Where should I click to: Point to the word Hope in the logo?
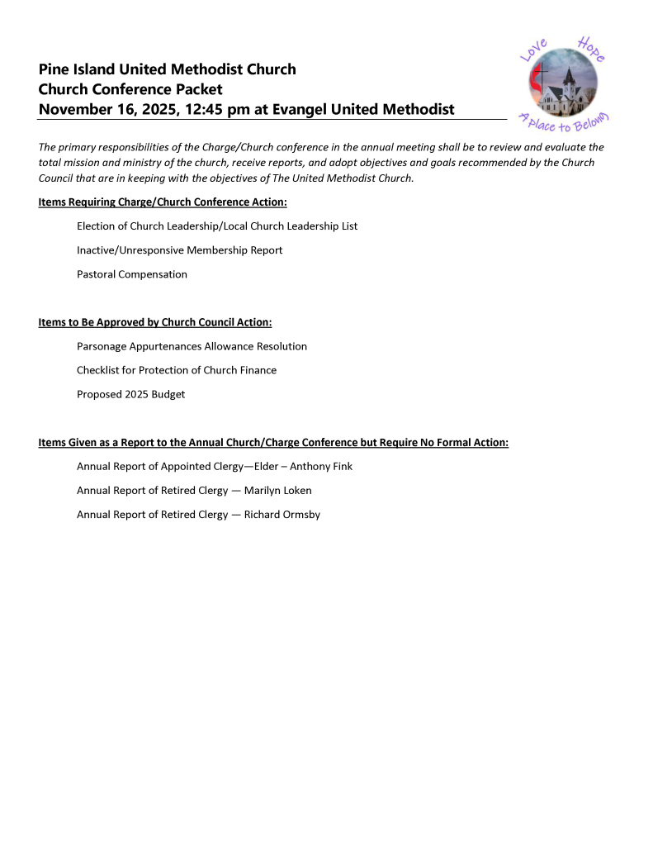click(x=592, y=49)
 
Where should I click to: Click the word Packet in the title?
click(x=200, y=89)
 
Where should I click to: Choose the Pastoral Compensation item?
click(x=132, y=274)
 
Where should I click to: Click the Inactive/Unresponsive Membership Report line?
click(x=179, y=250)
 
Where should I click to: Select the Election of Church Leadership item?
click(x=217, y=226)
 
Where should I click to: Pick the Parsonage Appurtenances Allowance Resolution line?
click(x=192, y=346)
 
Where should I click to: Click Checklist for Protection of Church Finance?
click(x=177, y=370)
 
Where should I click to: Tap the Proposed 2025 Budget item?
click(x=130, y=394)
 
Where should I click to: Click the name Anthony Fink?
click(x=321, y=467)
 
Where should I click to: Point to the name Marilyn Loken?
click(x=277, y=491)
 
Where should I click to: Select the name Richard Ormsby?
click(x=282, y=515)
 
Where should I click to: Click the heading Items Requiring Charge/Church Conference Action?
click(x=163, y=202)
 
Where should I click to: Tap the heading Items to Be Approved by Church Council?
click(x=155, y=322)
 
